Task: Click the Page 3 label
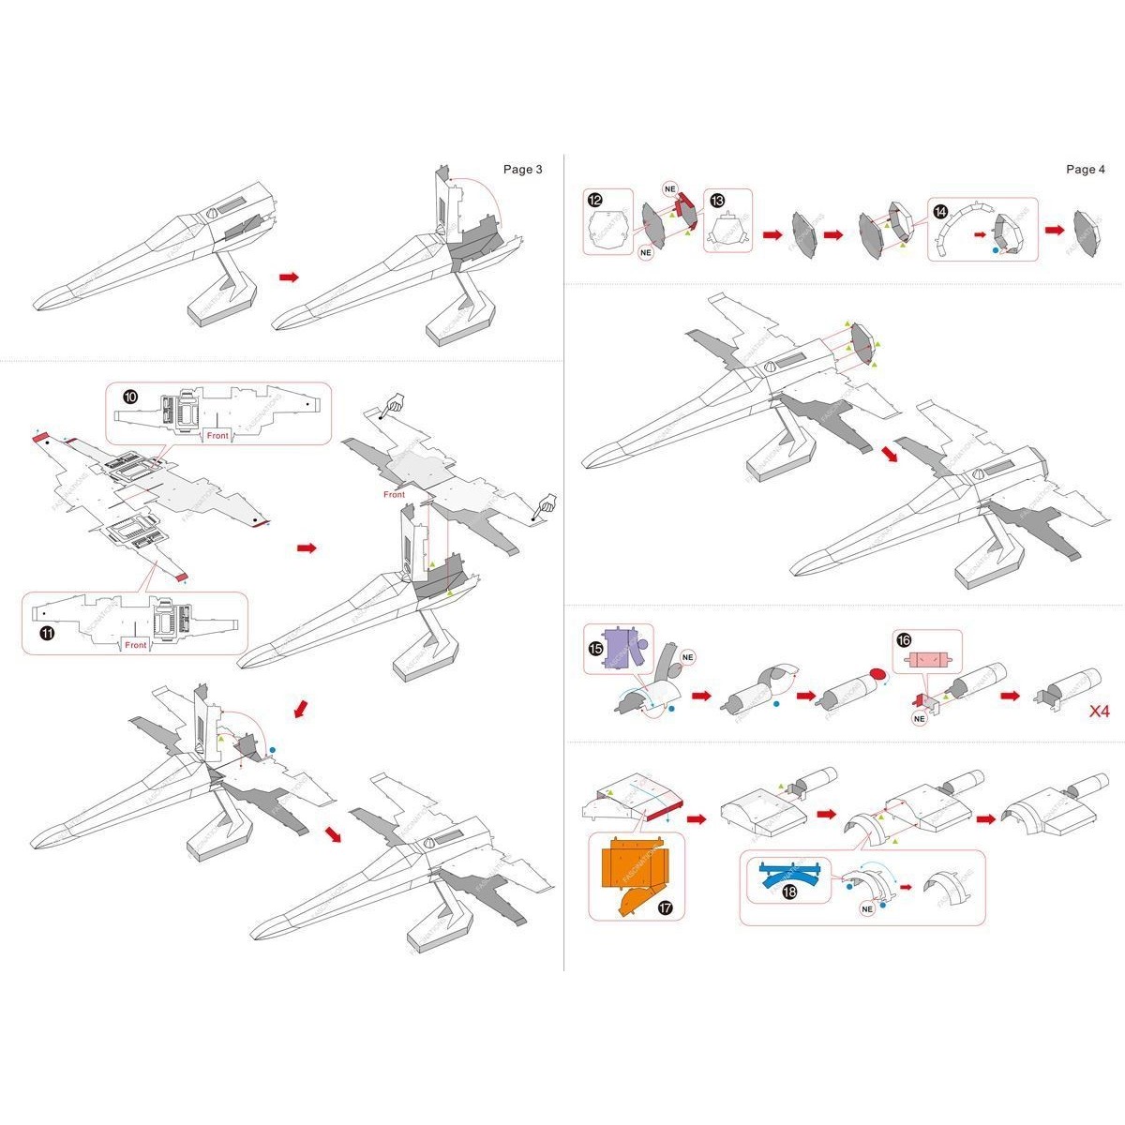click(522, 170)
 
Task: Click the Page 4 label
click(1086, 170)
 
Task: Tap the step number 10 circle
click(131, 397)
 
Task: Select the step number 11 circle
click(45, 634)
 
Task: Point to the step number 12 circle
click(596, 200)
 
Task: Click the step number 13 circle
click(716, 201)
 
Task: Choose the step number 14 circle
click(940, 211)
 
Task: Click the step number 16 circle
click(903, 639)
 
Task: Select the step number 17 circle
click(665, 907)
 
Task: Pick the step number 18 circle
click(789, 892)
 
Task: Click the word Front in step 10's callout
click(217, 436)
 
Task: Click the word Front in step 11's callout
click(136, 645)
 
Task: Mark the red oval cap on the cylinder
click(878, 675)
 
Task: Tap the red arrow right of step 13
click(772, 234)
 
